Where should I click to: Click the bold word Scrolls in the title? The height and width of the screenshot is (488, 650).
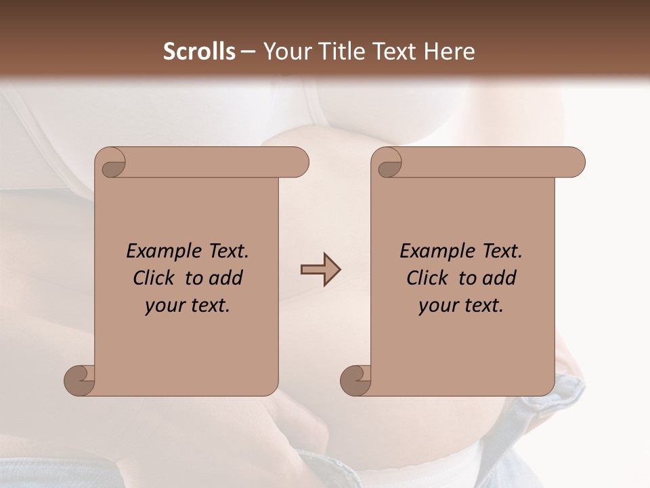click(x=199, y=52)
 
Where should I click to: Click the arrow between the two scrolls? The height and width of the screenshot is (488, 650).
click(x=320, y=270)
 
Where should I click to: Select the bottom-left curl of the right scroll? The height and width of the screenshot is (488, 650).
click(x=355, y=380)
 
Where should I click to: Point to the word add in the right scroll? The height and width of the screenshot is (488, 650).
click(x=500, y=278)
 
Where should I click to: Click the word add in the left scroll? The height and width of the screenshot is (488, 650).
click(x=226, y=278)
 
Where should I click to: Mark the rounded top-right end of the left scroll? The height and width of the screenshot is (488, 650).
click(x=298, y=162)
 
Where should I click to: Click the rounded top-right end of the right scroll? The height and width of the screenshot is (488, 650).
click(x=574, y=162)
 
